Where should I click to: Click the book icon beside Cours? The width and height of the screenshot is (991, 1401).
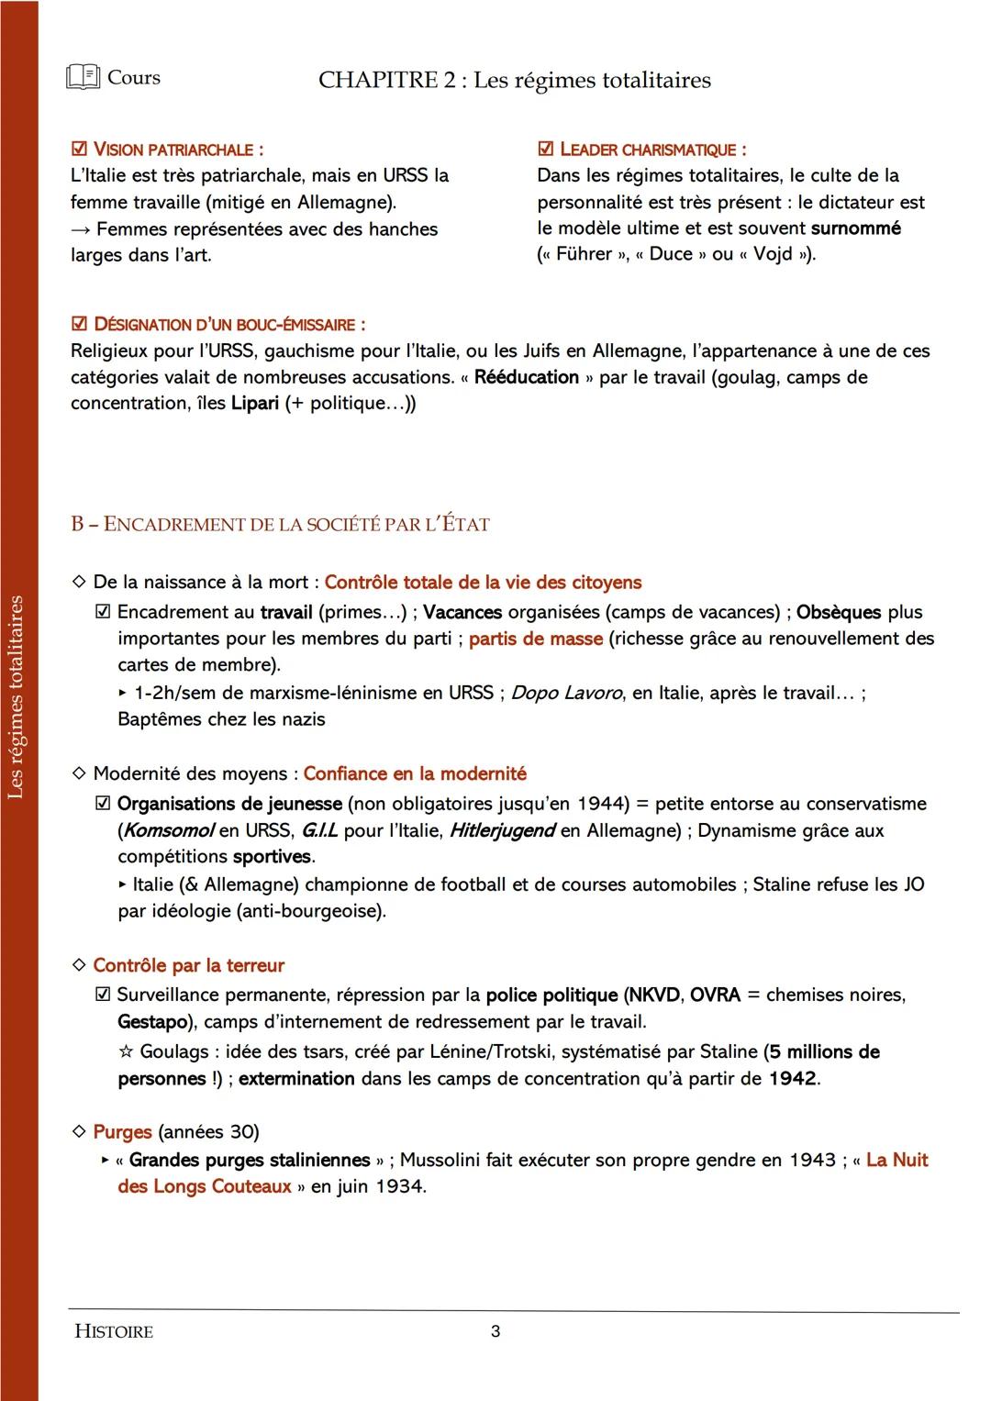tap(83, 78)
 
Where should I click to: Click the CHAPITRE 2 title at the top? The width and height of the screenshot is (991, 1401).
tap(514, 81)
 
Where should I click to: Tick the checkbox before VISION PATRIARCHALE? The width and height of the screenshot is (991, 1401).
tap(80, 149)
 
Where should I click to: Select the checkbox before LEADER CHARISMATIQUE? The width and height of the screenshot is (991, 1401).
tap(546, 149)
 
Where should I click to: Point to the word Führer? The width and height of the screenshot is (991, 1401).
tap(584, 254)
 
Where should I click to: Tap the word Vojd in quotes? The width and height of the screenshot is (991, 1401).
tap(773, 254)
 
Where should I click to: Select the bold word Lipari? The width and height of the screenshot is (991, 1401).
tap(255, 404)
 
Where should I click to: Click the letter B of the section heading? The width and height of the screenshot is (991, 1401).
tap(77, 525)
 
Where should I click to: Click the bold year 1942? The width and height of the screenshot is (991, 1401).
tap(793, 1079)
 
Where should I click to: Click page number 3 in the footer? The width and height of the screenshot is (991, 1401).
tap(495, 1331)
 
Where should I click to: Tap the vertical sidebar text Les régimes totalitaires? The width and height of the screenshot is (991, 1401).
tap(16, 697)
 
